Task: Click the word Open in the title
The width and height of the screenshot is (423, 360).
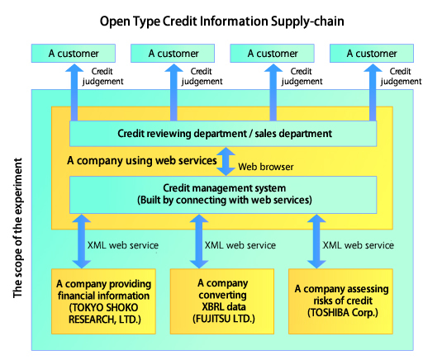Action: click(115, 21)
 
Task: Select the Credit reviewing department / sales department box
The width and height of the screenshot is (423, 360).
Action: click(223, 134)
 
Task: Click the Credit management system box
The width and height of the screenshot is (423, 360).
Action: click(223, 195)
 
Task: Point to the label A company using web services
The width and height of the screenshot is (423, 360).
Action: click(142, 161)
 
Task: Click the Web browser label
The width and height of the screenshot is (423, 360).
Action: click(266, 167)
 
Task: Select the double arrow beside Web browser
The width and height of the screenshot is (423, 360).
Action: click(226, 161)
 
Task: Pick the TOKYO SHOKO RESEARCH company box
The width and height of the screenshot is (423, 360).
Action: click(103, 301)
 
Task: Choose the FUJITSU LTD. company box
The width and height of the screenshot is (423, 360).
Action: click(222, 301)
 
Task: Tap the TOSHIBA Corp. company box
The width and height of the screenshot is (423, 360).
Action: click(340, 301)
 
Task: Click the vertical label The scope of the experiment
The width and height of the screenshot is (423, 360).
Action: click(17, 228)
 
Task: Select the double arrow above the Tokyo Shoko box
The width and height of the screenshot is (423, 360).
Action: click(82, 241)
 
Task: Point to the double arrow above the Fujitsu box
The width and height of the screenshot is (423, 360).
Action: click(199, 241)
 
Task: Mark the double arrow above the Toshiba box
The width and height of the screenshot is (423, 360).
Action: click(316, 241)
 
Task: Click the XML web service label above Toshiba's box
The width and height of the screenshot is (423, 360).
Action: click(359, 245)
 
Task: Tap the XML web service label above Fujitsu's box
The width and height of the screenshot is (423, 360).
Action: click(240, 245)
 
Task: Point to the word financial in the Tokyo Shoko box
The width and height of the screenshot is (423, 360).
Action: click(80, 296)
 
